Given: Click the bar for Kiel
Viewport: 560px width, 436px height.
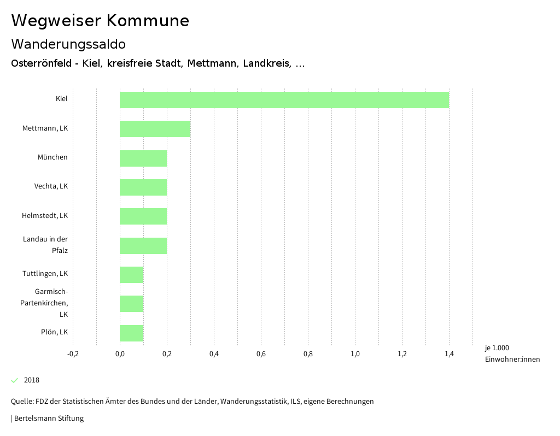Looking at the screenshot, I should tap(284, 100).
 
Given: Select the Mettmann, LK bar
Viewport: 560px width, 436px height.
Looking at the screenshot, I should tap(155, 129).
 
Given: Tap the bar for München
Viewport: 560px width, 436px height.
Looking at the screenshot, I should tap(143, 158).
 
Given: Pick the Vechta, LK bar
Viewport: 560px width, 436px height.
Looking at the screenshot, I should tap(143, 187).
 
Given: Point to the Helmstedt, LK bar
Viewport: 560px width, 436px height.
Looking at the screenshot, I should tap(143, 216).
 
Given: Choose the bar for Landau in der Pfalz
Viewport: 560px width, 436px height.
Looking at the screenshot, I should tap(143, 246).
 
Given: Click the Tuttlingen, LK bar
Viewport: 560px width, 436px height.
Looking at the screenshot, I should tap(131, 275).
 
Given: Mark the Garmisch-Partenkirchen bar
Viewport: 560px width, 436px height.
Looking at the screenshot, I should tap(131, 304).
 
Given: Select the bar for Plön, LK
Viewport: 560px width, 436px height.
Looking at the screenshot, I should tap(131, 333).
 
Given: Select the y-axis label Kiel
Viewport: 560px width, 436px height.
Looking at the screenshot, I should tap(61, 99).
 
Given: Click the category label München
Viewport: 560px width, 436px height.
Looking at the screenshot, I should tap(52, 157).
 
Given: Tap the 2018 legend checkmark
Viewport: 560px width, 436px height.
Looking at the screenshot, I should tap(15, 380).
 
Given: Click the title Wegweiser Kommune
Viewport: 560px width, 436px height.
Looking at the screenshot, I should tap(100, 21).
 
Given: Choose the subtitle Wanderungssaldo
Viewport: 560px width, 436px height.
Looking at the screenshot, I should tap(68, 44).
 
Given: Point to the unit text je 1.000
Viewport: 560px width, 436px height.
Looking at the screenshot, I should tap(497, 348).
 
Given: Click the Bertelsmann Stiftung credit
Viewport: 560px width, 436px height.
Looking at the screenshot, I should tap(48, 419).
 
